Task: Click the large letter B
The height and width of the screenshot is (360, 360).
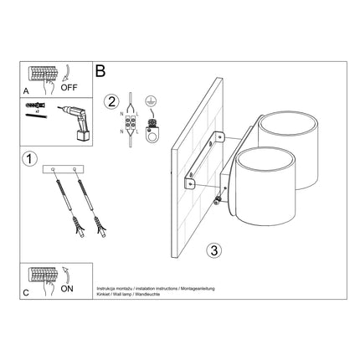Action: tap(101, 74)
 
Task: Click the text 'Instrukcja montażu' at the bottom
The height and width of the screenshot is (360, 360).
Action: tap(117, 286)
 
